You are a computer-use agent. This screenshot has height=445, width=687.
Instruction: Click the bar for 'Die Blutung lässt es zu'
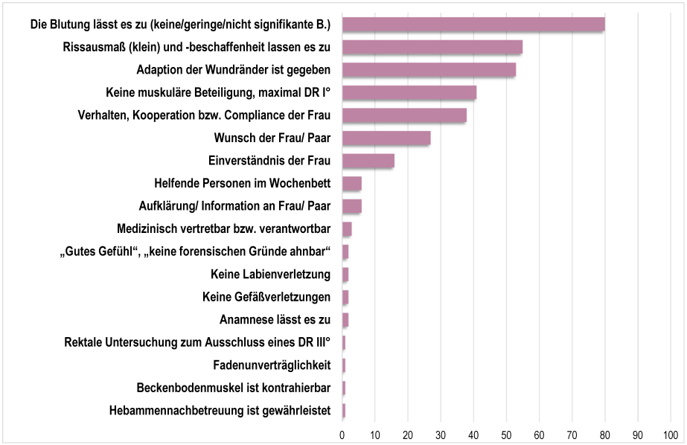coord(473,25)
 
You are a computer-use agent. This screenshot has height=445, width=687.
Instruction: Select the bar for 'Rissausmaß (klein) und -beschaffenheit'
coord(432,47)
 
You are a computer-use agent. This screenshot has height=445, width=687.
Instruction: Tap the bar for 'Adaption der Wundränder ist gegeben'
coord(429,70)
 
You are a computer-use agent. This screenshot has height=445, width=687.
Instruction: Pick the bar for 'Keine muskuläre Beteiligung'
coord(409,93)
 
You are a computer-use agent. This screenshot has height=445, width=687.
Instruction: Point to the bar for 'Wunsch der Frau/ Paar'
coord(386,138)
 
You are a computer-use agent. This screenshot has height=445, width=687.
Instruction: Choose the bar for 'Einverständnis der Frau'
coord(368,161)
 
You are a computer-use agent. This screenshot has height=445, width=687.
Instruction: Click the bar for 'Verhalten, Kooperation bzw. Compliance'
coord(404,115)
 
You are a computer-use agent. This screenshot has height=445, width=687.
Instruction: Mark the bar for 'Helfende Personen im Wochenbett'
coord(351,184)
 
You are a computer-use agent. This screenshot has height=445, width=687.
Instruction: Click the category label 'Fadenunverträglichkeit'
coord(271,365)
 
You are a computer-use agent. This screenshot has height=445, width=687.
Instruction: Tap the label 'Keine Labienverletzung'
coord(270,275)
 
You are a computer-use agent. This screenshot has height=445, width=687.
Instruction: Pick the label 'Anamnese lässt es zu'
coord(275,320)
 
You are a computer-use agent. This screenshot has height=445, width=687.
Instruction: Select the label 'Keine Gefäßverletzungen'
coord(266,298)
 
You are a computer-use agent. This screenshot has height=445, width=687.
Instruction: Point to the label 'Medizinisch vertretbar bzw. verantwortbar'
coord(223,229)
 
